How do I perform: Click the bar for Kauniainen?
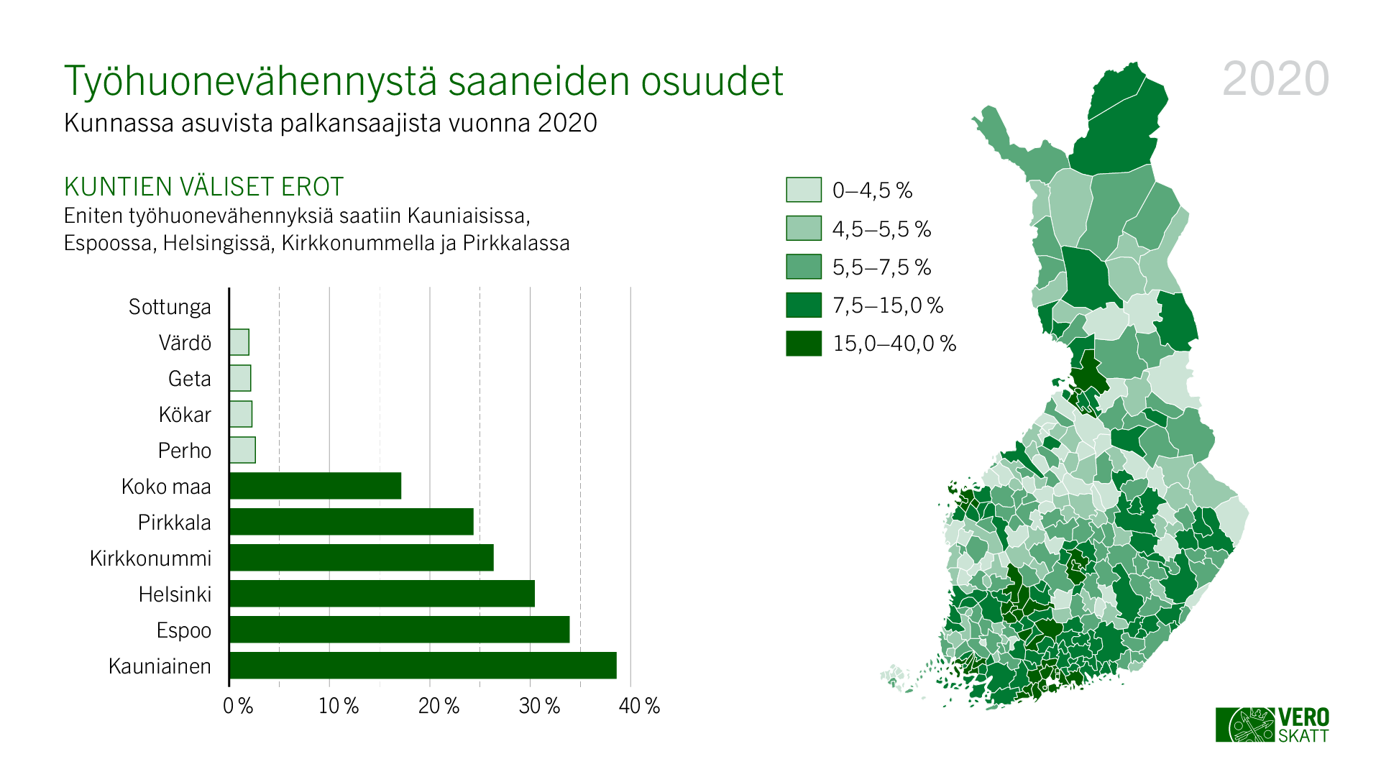click(x=423, y=666)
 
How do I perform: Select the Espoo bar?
click(x=399, y=630)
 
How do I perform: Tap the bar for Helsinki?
click(x=382, y=594)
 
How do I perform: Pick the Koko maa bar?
click(x=315, y=486)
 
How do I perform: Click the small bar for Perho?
click(x=242, y=450)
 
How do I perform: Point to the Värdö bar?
click(x=239, y=342)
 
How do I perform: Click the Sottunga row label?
click(x=170, y=307)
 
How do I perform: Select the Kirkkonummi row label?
click(x=150, y=558)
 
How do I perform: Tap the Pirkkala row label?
click(x=174, y=523)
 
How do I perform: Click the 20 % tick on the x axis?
click(x=439, y=706)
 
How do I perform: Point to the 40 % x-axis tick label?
click(x=639, y=706)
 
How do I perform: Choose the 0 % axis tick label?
click(x=238, y=706)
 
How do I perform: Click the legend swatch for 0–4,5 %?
click(x=803, y=190)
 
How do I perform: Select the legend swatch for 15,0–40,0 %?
click(x=803, y=344)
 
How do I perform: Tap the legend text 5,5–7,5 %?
click(x=881, y=267)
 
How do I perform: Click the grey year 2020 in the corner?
click(x=1275, y=79)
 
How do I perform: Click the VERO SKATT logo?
click(x=1272, y=725)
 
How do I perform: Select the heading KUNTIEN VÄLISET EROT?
click(x=204, y=187)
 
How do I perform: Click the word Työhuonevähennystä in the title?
click(x=250, y=81)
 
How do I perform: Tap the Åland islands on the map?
click(x=895, y=678)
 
